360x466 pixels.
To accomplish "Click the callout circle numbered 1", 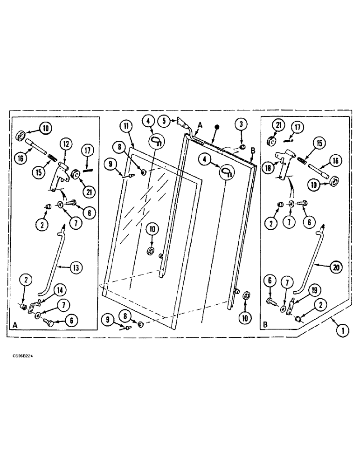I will click(343, 330).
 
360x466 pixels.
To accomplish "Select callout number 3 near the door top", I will click(242, 124).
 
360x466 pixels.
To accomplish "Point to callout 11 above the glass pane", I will click(127, 126).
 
